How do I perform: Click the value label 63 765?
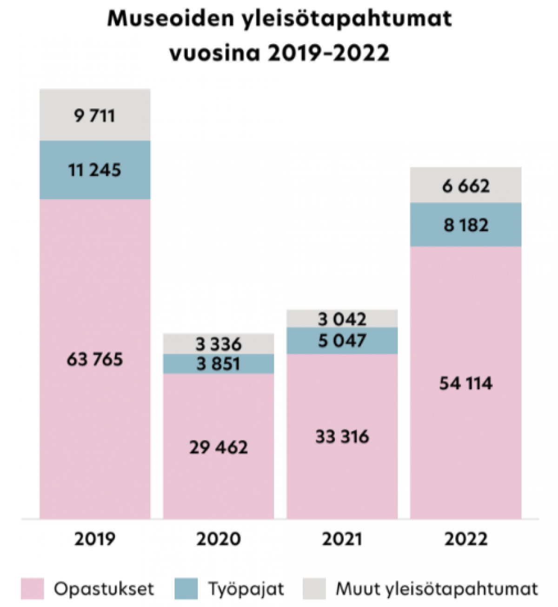(95, 360)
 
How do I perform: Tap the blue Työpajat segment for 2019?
(95, 170)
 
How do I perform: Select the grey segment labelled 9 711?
(95, 115)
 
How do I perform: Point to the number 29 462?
(219, 447)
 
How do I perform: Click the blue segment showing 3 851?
(219, 364)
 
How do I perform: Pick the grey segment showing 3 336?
(219, 344)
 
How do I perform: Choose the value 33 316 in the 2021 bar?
(342, 437)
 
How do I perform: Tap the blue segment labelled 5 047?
(342, 341)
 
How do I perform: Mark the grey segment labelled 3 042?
(342, 319)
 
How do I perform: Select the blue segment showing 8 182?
(466, 225)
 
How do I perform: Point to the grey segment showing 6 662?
(466, 186)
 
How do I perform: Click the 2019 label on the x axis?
(95, 539)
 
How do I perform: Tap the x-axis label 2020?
(219, 539)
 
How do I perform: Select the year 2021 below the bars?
(342, 539)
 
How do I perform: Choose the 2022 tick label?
(466, 539)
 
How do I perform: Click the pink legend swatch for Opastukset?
(33, 589)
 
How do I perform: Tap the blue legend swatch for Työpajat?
(186, 589)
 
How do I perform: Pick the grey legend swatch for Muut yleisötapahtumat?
(314, 589)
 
